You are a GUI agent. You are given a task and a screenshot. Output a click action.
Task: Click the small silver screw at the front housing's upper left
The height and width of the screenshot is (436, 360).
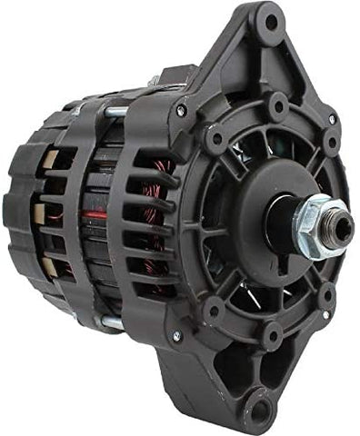point(181,110)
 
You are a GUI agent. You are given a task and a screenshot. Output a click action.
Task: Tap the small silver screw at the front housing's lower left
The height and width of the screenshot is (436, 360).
point(177,335)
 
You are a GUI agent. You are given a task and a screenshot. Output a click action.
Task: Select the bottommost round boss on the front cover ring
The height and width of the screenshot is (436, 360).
point(272,335)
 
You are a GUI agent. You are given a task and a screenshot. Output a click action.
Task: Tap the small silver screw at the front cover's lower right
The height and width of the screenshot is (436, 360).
point(325,314)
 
